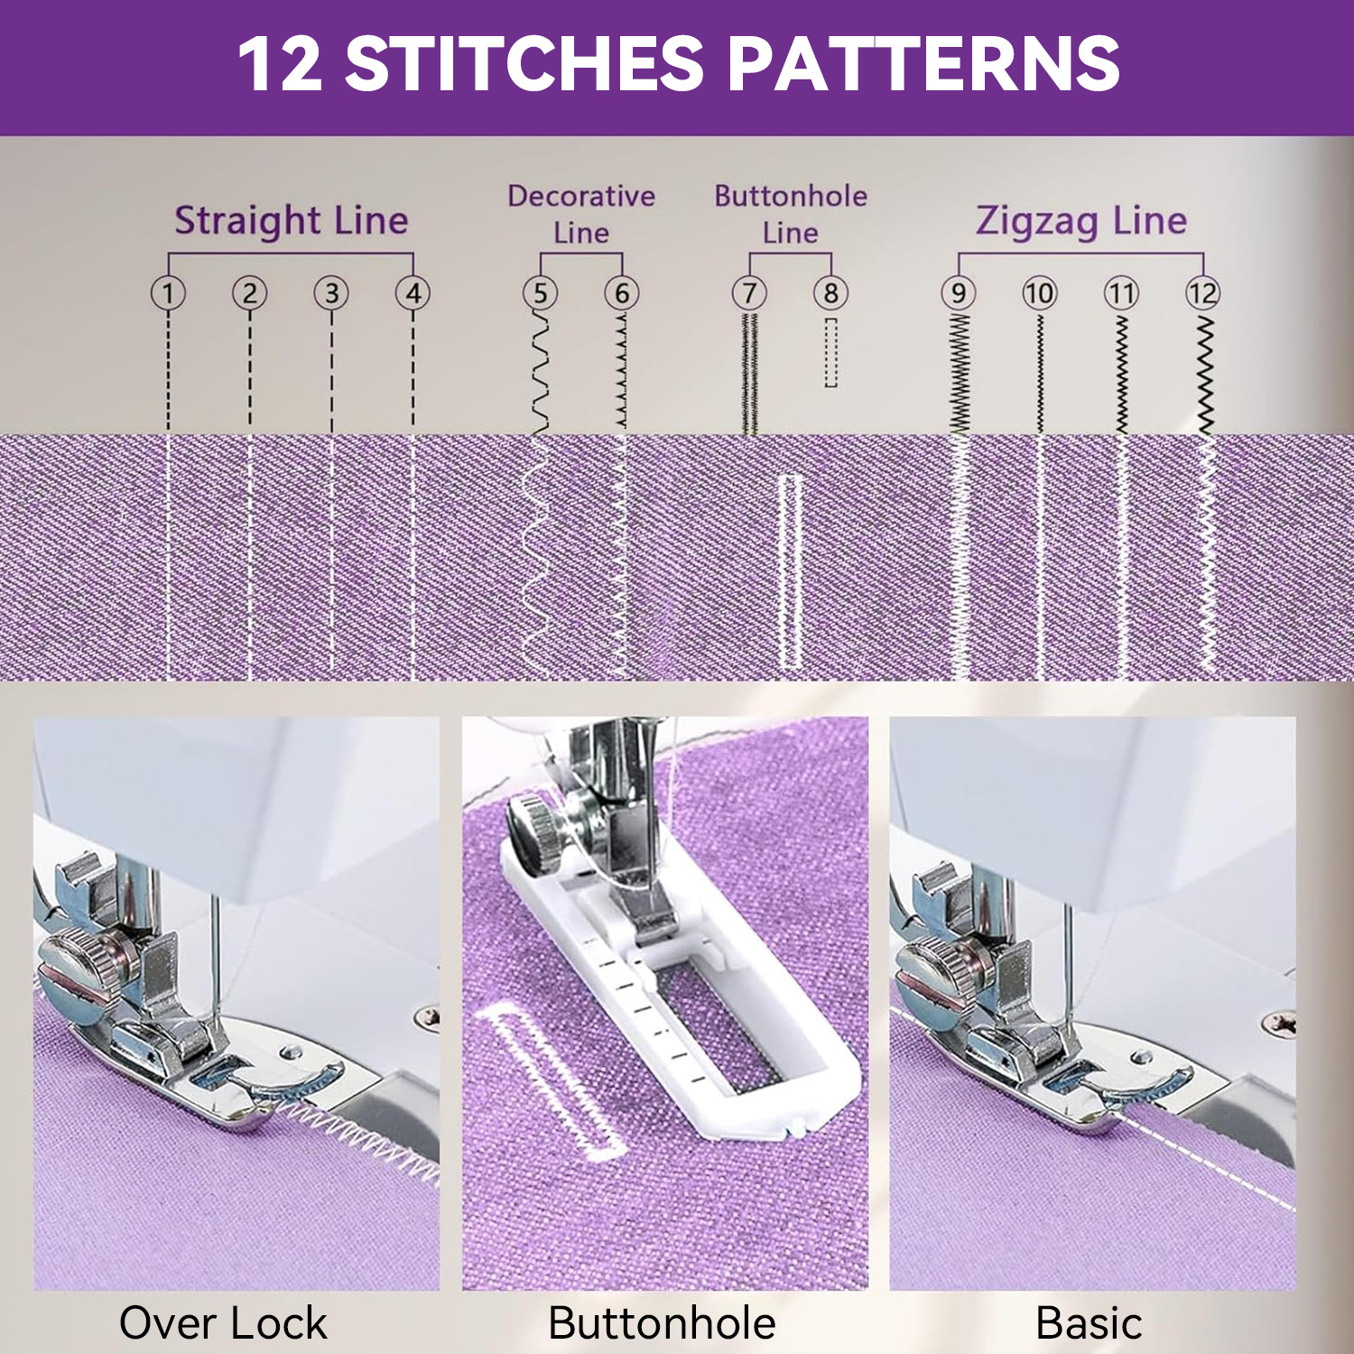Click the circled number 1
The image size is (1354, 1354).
(168, 292)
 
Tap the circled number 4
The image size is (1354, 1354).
(413, 292)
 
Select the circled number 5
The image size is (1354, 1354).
(540, 292)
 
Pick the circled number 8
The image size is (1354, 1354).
(830, 292)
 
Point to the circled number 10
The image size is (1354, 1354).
(1039, 292)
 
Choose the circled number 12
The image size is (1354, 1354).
(1202, 292)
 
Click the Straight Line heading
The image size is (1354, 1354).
(291, 220)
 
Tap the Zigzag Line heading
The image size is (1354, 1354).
(1080, 220)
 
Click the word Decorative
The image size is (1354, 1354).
(581, 196)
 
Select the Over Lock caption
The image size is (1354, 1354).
(223, 1323)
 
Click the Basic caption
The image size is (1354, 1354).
(1089, 1323)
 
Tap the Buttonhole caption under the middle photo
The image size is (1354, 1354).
(662, 1323)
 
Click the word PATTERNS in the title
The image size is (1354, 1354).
(923, 63)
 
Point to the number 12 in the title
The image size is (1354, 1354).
(280, 63)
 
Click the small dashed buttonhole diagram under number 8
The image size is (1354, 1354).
(830, 352)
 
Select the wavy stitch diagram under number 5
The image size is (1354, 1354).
(540, 373)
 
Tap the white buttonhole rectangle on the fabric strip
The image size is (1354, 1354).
(790, 571)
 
